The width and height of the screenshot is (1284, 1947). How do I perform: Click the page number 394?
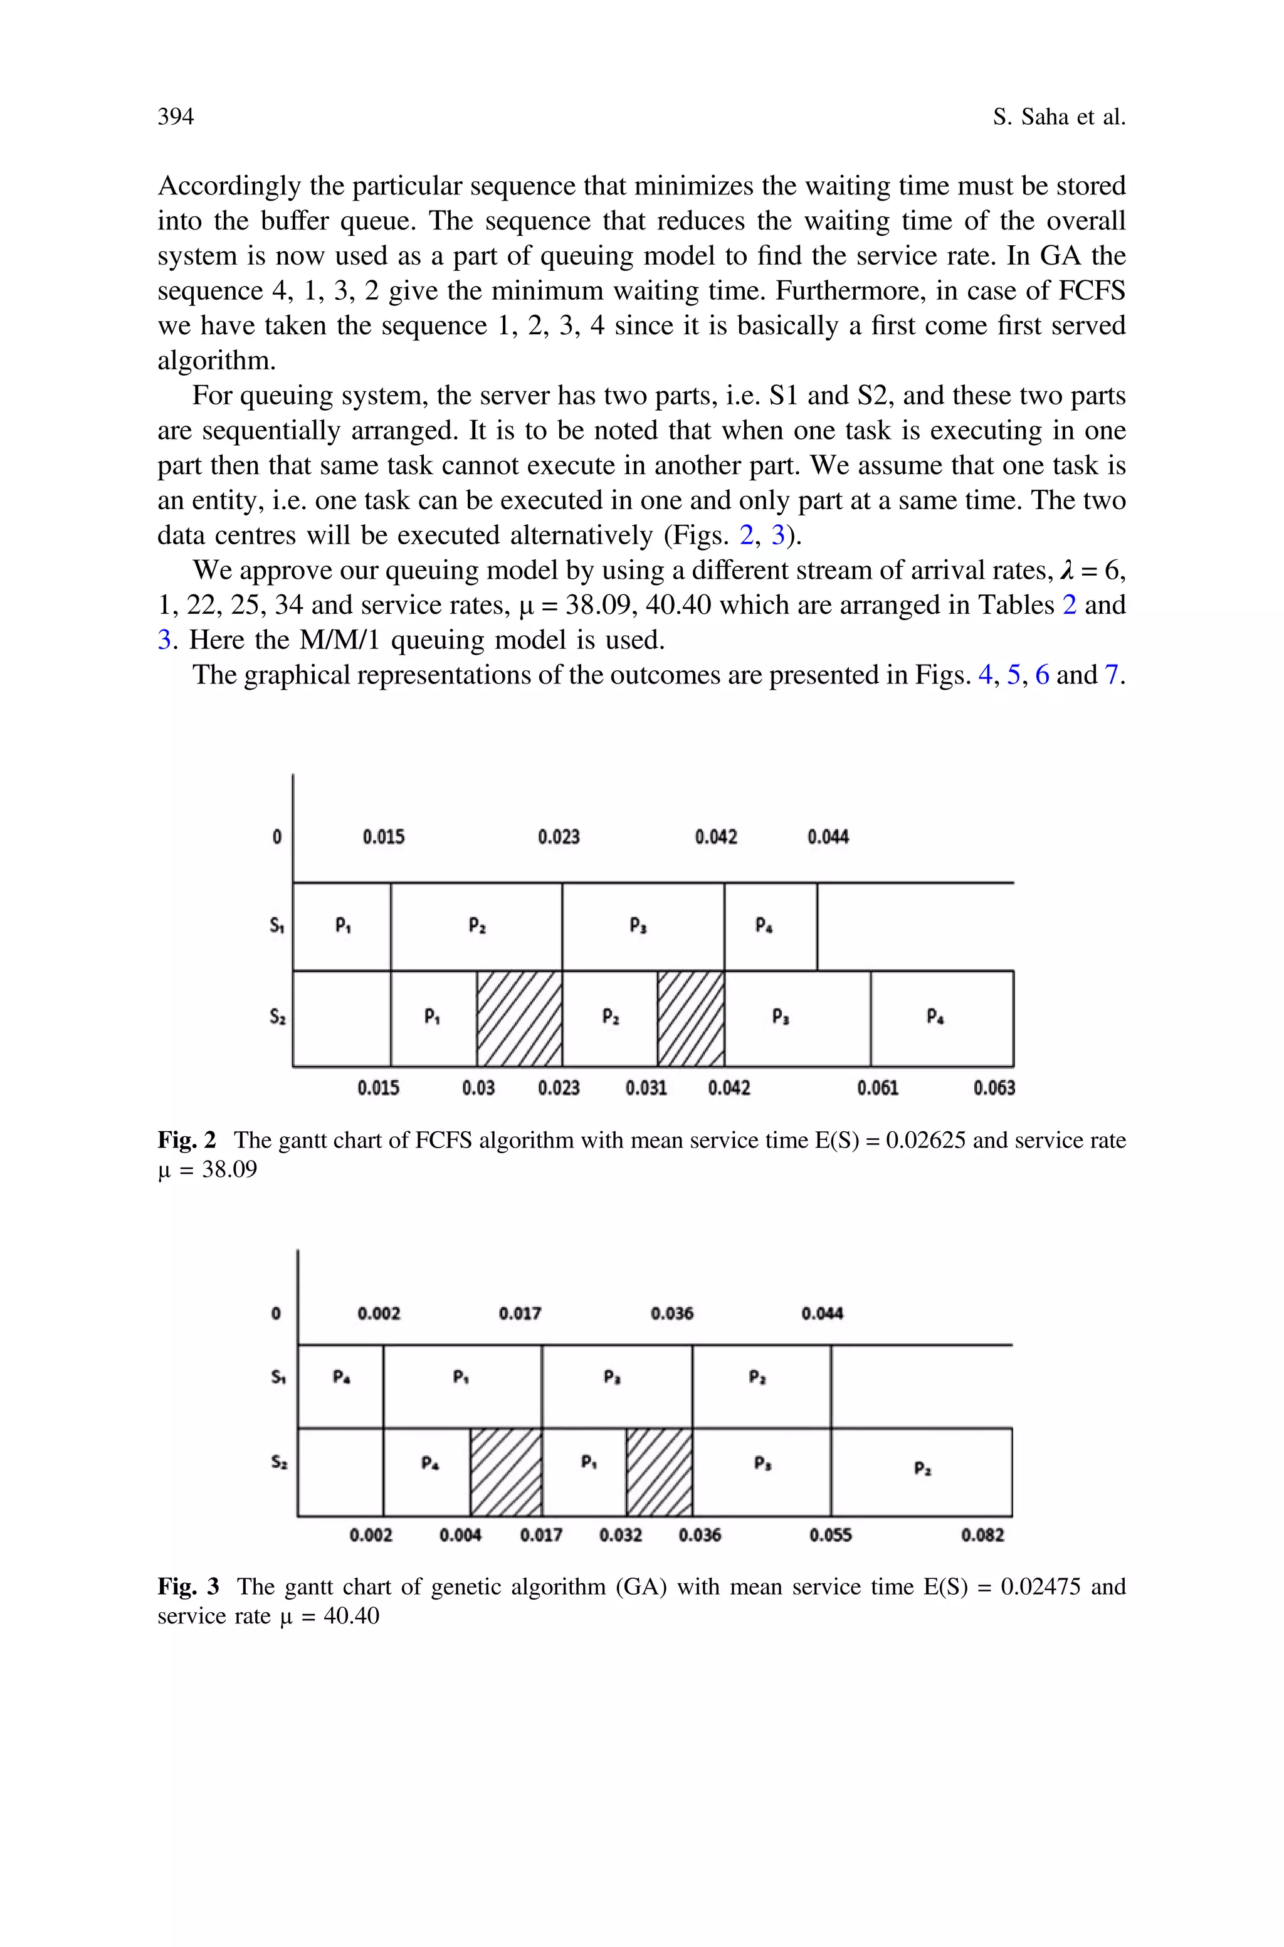pos(176,117)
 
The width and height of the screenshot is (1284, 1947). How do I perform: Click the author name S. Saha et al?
pos(1059,117)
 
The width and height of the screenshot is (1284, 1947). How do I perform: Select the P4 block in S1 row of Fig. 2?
pos(770,926)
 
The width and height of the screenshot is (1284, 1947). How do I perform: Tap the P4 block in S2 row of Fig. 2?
pos(942,1018)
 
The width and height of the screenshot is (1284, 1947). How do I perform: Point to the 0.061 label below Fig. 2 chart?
pos(878,1088)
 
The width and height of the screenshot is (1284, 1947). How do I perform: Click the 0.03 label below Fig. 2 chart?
pos(478,1088)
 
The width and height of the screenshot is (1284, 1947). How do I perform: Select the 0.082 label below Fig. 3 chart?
pos(982,1535)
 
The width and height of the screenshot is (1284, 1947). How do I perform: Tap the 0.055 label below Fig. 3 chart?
pos(830,1535)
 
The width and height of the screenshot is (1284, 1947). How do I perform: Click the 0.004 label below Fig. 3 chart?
pos(460,1535)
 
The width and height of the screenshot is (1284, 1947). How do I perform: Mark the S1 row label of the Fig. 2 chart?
pos(276,926)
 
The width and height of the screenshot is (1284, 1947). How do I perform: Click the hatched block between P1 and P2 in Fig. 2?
pos(519,1018)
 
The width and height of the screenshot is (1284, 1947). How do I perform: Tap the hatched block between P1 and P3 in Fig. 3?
pos(659,1471)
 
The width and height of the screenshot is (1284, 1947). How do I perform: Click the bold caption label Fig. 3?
pos(188,1586)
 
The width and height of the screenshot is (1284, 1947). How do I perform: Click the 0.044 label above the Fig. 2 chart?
pos(828,836)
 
